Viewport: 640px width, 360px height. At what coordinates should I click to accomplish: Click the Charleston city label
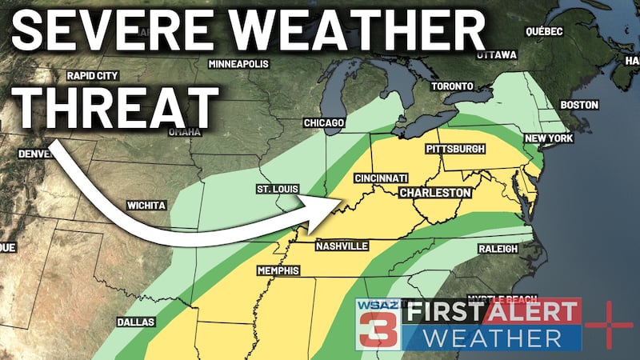(434, 193)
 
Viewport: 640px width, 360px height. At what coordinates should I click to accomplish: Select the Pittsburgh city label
(457, 150)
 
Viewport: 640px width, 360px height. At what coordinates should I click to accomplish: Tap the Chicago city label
(324, 122)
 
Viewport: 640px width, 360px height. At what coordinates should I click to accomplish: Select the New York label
(549, 138)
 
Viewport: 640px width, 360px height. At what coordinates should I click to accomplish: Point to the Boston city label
(579, 105)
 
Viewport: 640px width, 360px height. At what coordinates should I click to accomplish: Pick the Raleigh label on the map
(498, 249)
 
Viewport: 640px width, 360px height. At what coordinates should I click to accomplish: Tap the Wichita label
(146, 206)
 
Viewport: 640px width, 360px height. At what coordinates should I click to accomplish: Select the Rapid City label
(94, 76)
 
